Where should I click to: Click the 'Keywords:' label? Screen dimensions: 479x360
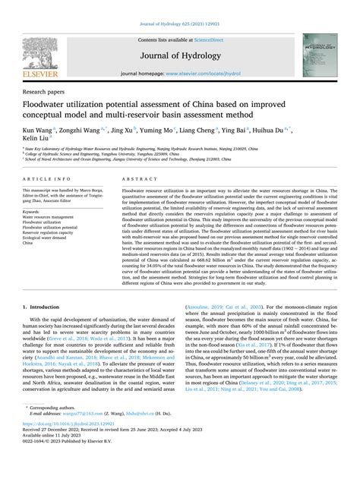pos(33,213)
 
